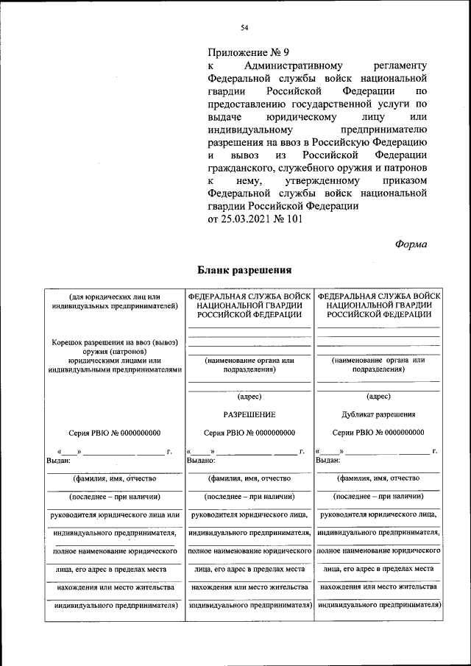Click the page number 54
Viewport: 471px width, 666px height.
[x=244, y=28]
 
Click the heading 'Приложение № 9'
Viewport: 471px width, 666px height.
[x=249, y=52]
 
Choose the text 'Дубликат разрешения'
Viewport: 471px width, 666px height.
[x=378, y=414]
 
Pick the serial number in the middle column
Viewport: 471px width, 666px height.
[x=249, y=433]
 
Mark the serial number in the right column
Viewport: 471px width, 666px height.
[x=378, y=433]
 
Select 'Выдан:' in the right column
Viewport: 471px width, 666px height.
[x=328, y=460]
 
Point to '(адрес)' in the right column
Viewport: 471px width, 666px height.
[x=378, y=396]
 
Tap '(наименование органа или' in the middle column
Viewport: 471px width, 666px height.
[x=249, y=361]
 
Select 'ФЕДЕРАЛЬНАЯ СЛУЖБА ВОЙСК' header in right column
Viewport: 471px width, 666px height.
[x=378, y=295]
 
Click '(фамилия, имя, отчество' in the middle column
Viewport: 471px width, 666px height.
[x=249, y=478]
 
